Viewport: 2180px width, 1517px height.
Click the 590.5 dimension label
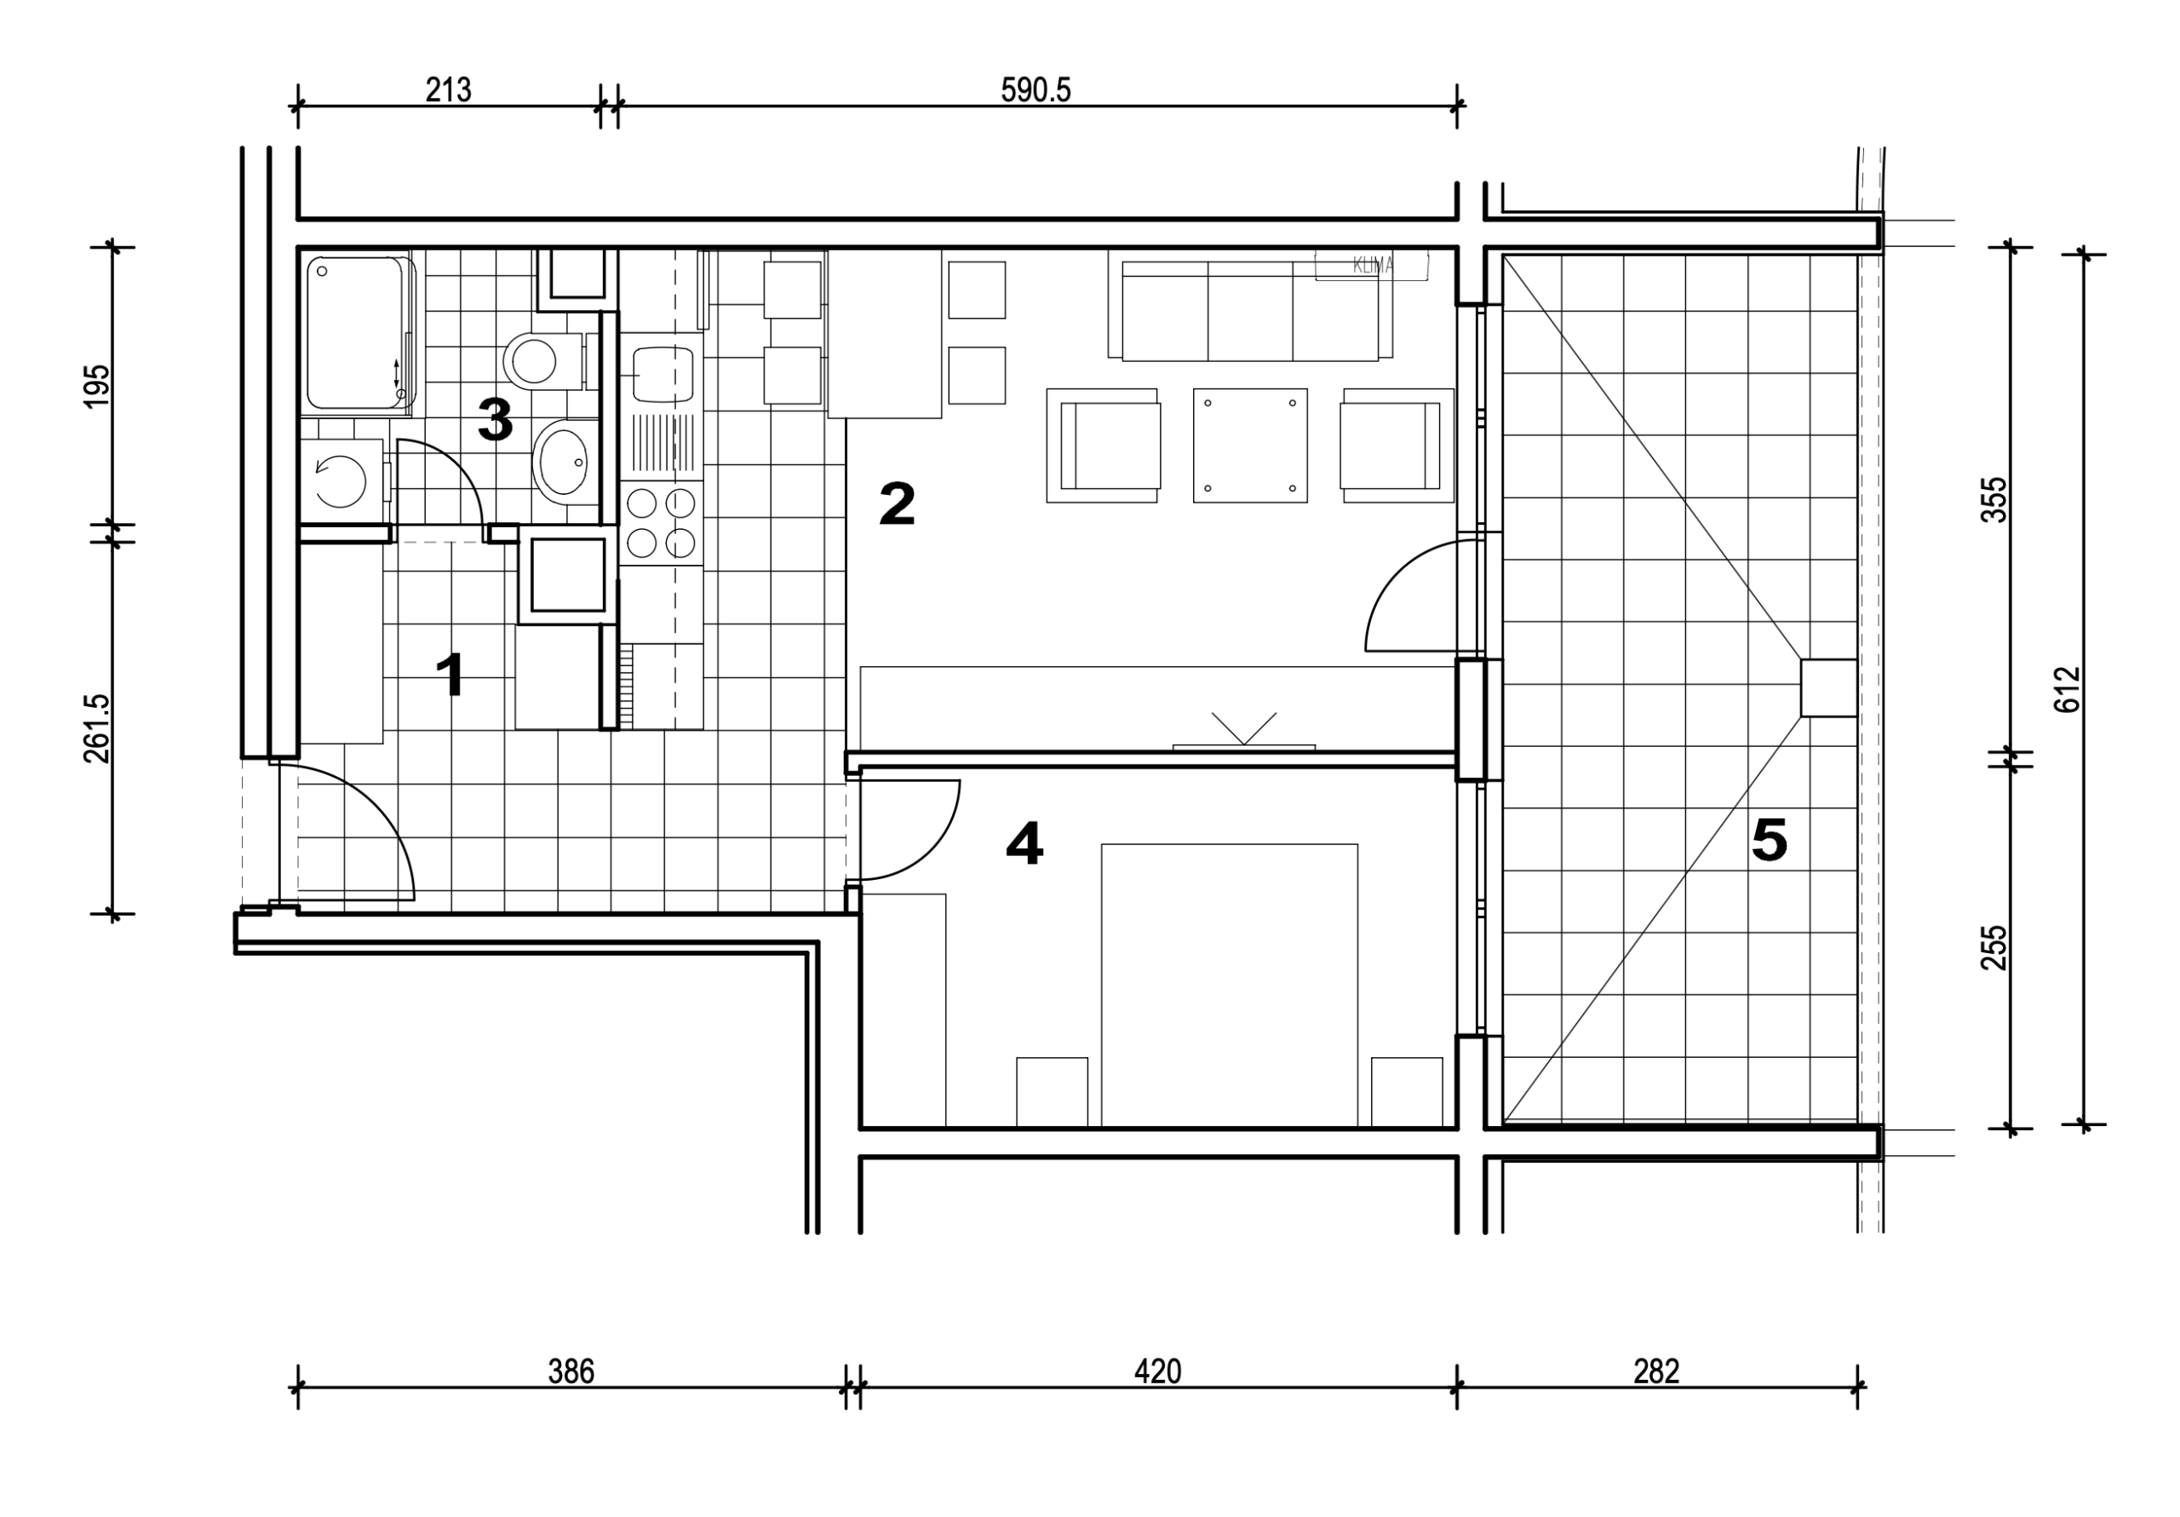1035,90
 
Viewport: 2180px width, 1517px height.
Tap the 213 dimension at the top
448,90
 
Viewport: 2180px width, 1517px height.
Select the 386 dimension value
571,1371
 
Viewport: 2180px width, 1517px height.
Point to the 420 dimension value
1157,1371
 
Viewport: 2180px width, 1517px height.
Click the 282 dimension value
1657,1371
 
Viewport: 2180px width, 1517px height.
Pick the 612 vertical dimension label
2067,690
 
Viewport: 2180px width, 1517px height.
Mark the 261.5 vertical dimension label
98,727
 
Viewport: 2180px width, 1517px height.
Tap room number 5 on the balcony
1770,840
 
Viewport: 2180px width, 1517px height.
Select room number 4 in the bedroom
1024,843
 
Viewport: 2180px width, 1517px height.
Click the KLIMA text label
1372,266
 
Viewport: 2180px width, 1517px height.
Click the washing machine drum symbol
340,480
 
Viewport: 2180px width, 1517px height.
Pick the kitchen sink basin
663,374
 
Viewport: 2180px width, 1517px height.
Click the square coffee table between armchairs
1249,445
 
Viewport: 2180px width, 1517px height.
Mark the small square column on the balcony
1828,687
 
